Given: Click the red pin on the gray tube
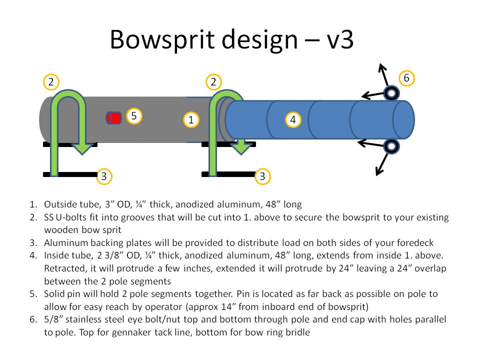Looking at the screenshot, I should (114, 118).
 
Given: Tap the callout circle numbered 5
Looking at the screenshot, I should (133, 116).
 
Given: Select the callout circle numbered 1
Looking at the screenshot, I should (190, 119).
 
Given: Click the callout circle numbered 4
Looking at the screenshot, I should (293, 120).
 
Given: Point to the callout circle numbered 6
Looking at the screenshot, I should (406, 78).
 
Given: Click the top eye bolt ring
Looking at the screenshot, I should (391, 93).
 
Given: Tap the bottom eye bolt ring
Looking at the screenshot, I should (391, 146).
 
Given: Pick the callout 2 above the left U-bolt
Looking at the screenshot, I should (51, 81).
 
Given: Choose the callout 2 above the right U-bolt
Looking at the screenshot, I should (213, 81).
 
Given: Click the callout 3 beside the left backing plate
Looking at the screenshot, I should (103, 176).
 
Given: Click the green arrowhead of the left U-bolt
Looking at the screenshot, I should (82, 147).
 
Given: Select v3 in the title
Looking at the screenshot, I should (338, 40).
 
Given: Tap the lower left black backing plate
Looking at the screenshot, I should (70, 174).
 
